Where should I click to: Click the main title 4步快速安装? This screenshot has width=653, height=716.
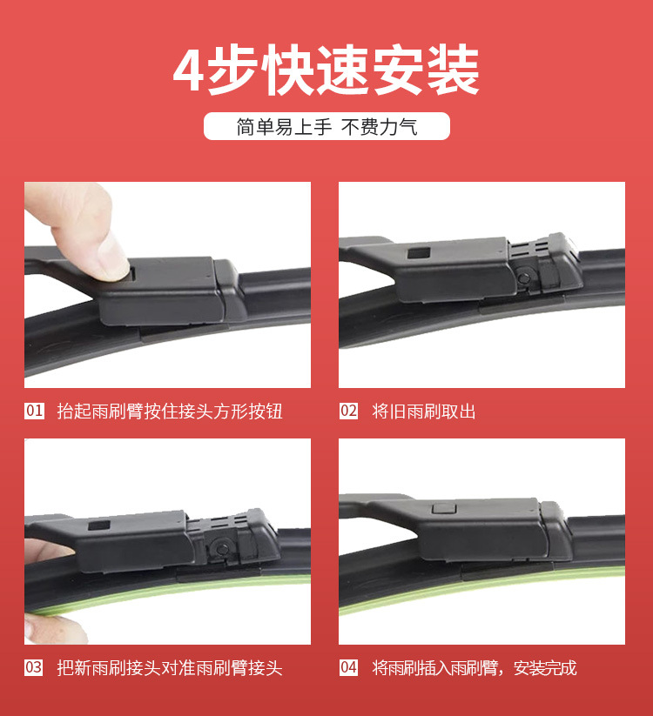[x=326, y=71]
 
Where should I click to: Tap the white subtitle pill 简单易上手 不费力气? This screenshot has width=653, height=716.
[x=326, y=127]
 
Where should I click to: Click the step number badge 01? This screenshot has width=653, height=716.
[x=34, y=411]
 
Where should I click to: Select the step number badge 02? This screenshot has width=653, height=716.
[x=348, y=411]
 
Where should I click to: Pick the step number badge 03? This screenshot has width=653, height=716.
[x=34, y=667]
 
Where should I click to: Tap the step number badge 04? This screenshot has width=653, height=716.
[x=348, y=667]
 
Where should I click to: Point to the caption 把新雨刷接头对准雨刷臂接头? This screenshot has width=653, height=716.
[x=170, y=668]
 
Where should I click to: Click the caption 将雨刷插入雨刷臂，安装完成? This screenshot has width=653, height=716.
[x=475, y=668]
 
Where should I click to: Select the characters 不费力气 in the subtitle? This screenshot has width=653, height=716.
[x=379, y=127]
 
